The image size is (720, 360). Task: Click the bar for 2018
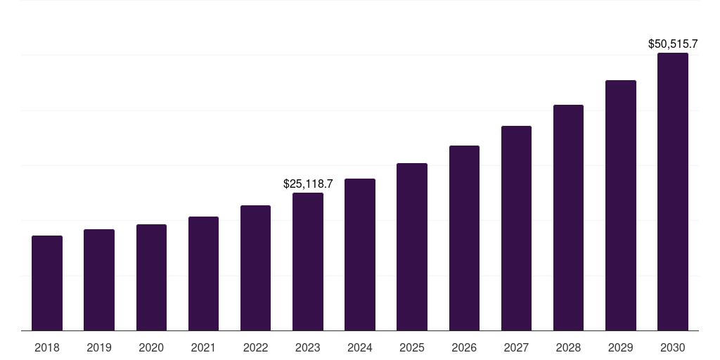pyautogui.click(x=47, y=283)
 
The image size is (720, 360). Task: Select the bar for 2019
pyautogui.click(x=99, y=280)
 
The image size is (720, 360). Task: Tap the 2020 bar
pyautogui.click(x=151, y=277)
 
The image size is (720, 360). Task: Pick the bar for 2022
pyautogui.click(x=255, y=268)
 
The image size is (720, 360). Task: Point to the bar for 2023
pyautogui.click(x=308, y=262)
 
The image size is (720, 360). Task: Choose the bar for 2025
pyautogui.click(x=412, y=247)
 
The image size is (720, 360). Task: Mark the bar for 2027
pyautogui.click(x=516, y=228)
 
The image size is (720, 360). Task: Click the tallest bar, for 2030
pyautogui.click(x=673, y=191)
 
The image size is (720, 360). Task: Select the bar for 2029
pyautogui.click(x=621, y=205)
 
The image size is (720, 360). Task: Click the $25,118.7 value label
pyautogui.click(x=308, y=184)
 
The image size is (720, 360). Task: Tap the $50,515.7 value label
pyautogui.click(x=673, y=44)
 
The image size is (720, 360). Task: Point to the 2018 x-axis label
pyautogui.click(x=47, y=347)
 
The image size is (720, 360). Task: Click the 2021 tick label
pyautogui.click(x=203, y=347)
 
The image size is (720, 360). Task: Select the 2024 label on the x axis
pyautogui.click(x=360, y=347)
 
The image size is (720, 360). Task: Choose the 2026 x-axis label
pyautogui.click(x=464, y=347)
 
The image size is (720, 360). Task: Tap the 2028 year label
pyautogui.click(x=568, y=347)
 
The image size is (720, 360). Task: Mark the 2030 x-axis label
pyautogui.click(x=673, y=347)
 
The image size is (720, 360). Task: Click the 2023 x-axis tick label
pyautogui.click(x=308, y=347)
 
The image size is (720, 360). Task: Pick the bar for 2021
pyautogui.click(x=203, y=274)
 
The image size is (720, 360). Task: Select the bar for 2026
pyautogui.click(x=464, y=238)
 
